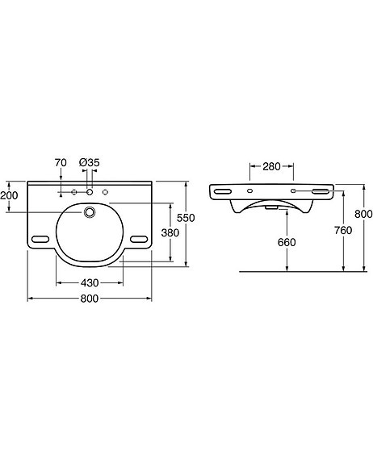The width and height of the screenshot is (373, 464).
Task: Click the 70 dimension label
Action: click(x=60, y=163)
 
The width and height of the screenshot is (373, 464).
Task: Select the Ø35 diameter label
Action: click(x=90, y=163)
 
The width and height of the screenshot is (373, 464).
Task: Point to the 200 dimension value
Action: click(x=9, y=196)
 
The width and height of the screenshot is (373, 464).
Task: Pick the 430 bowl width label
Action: click(x=89, y=283)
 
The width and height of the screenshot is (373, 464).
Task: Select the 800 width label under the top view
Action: click(x=89, y=299)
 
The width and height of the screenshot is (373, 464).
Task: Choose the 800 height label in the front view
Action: click(x=363, y=215)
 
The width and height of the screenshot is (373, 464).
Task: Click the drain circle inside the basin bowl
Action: click(x=90, y=213)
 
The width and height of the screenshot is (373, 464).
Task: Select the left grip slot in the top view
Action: click(x=42, y=239)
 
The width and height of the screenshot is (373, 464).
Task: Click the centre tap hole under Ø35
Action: click(x=90, y=193)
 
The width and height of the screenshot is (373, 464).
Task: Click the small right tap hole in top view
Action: click(x=105, y=193)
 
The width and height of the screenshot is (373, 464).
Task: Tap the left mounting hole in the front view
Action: click(x=249, y=191)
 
